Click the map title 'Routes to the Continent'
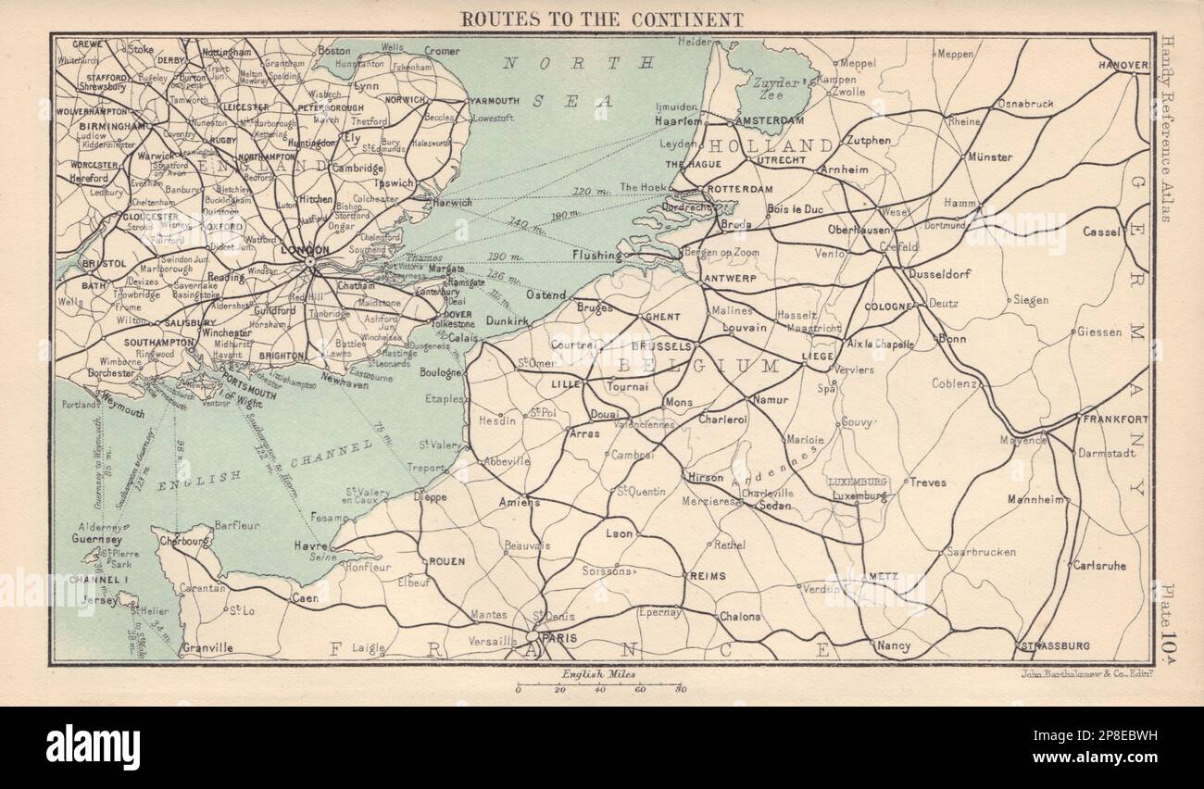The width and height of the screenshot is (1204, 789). (x=601, y=18)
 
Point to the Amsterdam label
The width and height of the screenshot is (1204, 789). (x=767, y=121)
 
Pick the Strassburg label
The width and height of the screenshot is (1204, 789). (x=1054, y=645)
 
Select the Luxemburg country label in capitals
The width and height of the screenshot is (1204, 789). (x=858, y=482)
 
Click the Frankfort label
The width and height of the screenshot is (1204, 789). (x=1114, y=420)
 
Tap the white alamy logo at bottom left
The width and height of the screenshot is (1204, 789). (x=93, y=746)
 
